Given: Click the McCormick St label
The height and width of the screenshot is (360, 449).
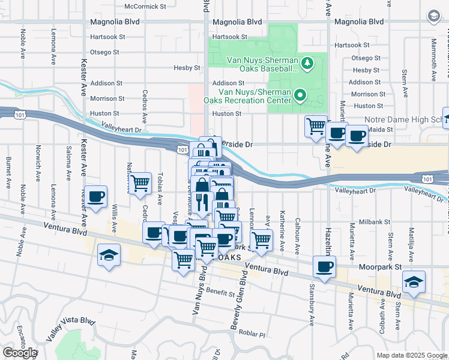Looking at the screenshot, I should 145,7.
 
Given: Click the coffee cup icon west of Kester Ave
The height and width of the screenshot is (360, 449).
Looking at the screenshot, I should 96,196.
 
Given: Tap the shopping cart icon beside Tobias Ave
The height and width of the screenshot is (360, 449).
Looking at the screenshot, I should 140,182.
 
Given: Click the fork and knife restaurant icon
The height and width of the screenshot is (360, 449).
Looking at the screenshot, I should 202,202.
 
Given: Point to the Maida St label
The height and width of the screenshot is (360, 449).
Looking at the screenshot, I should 381,129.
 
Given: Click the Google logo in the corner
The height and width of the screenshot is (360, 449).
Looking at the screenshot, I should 20,353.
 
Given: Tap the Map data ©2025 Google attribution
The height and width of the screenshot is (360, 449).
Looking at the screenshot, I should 412,355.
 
